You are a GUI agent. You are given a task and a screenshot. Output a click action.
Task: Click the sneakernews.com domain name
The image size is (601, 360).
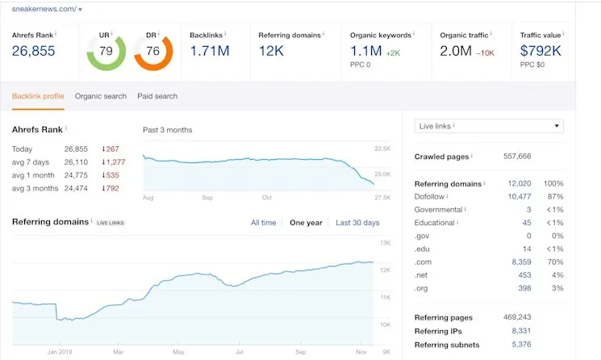point(44,9)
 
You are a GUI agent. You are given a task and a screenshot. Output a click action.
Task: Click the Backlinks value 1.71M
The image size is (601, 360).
point(210,52)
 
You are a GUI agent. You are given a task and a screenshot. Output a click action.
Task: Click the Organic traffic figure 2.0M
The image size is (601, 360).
point(457,52)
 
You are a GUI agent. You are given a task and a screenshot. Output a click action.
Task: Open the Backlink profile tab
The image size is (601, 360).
point(38,96)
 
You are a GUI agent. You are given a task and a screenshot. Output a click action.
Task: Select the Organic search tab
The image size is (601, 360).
point(101,96)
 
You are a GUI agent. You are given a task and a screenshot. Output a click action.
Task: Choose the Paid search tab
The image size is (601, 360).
point(157,96)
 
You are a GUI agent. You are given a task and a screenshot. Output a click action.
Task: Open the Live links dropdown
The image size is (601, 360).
point(489,126)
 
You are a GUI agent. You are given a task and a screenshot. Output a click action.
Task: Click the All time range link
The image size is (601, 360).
point(263,223)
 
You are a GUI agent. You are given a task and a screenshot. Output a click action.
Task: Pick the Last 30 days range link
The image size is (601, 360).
point(357,223)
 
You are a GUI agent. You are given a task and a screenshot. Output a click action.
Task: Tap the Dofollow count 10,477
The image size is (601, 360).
point(520,196)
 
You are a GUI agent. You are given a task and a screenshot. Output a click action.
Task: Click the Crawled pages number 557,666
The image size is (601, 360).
point(517,157)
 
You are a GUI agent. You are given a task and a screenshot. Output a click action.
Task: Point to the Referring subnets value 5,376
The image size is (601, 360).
point(520,344)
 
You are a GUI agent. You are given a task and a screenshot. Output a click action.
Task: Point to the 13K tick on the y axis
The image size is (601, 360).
point(385,243)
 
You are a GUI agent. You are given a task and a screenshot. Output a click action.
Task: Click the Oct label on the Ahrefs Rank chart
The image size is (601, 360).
point(267,197)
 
